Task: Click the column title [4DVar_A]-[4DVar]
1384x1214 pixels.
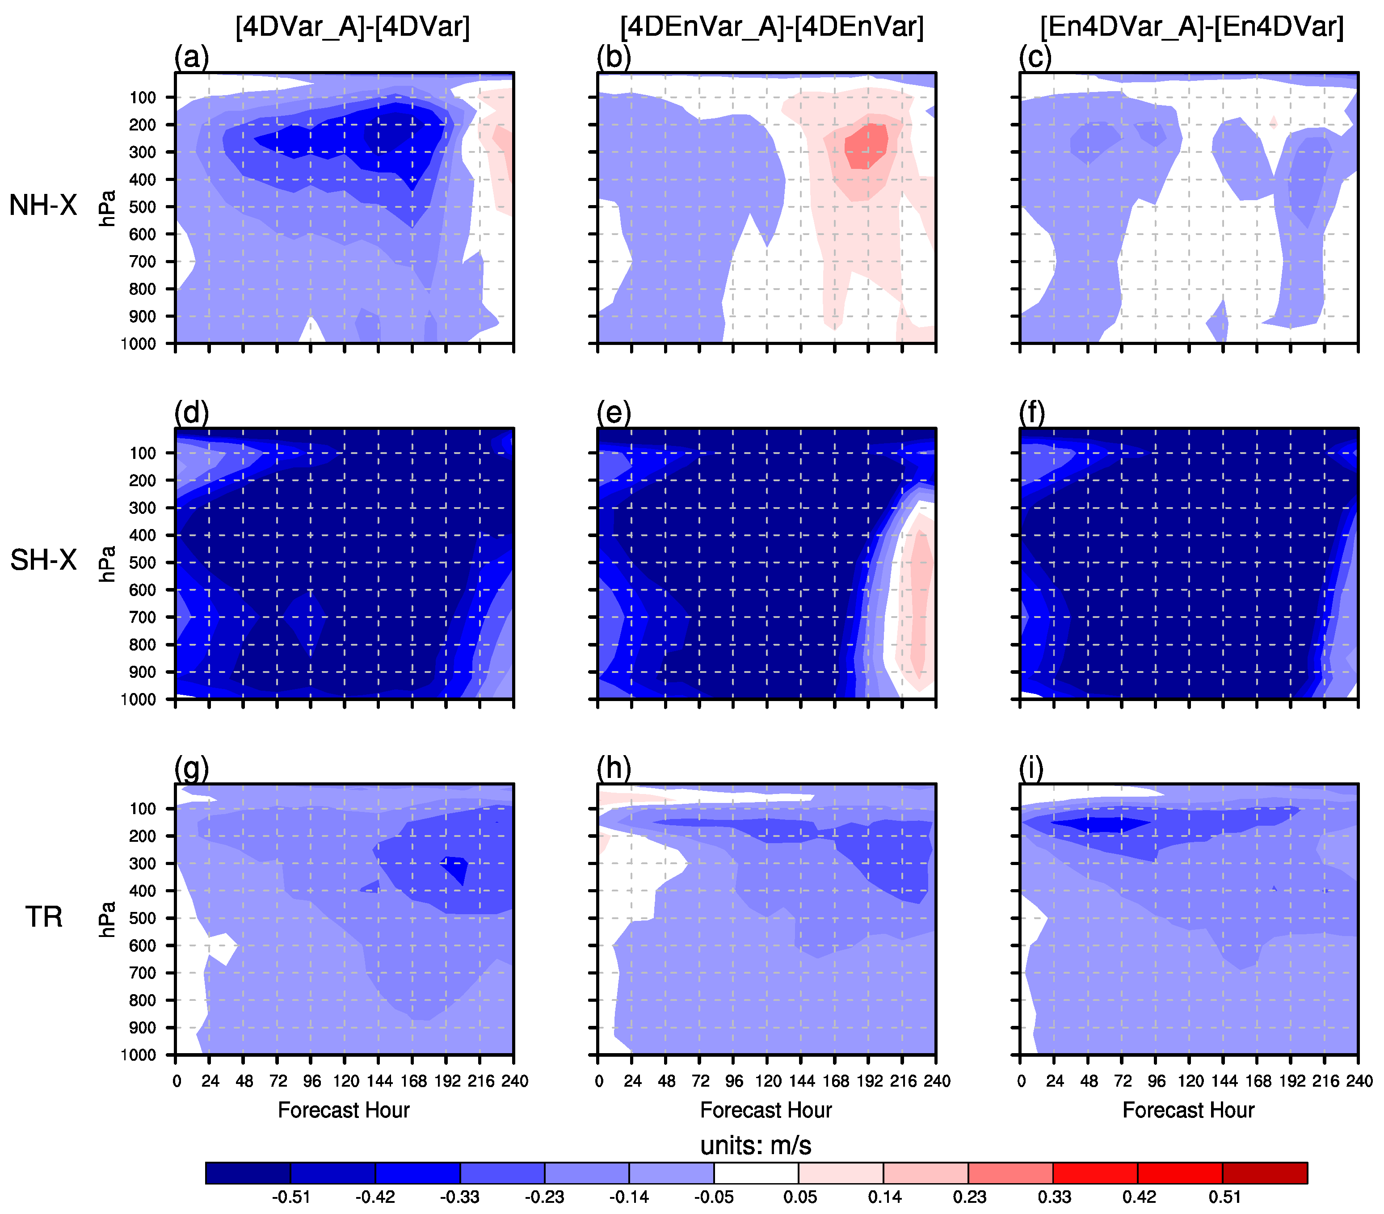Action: point(352,27)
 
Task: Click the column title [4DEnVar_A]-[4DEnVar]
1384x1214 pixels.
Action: point(772,27)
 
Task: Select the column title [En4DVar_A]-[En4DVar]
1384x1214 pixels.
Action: point(1192,27)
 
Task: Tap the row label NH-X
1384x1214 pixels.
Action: point(43,205)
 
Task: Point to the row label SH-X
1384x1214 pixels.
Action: point(43,561)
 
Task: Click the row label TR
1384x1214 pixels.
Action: point(44,917)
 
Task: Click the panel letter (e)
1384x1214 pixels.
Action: point(614,412)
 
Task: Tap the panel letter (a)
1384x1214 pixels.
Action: point(191,57)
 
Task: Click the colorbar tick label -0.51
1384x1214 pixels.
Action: point(291,1197)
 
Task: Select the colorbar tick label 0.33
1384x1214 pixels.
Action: point(1054,1197)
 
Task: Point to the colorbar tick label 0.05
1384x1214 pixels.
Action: point(799,1197)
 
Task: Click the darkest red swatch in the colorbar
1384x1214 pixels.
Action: point(1264,1173)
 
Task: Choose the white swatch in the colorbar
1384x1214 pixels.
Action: point(756,1173)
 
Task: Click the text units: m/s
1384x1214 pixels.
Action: point(756,1146)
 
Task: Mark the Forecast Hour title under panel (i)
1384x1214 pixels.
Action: point(1188,1110)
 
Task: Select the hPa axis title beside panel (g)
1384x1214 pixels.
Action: point(107,919)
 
